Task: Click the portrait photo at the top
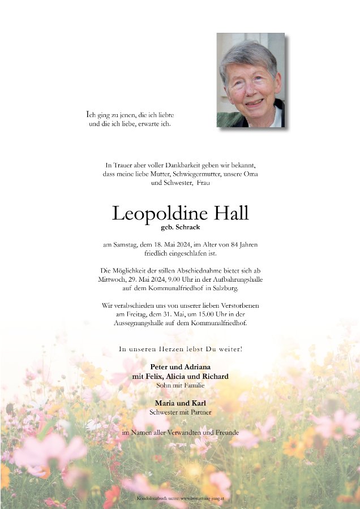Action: (x=250, y=80)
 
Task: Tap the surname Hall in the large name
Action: (x=230, y=214)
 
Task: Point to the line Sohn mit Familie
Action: (x=180, y=385)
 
